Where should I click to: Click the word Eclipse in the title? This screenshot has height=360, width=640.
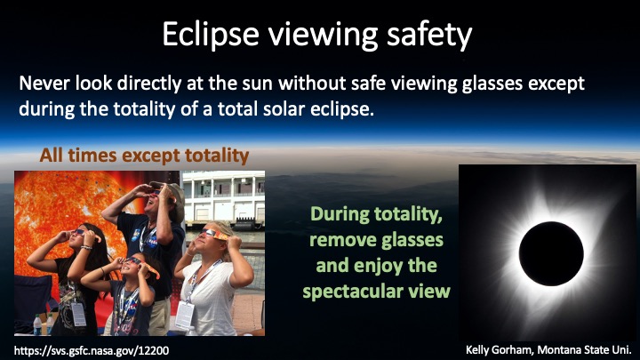click(210, 35)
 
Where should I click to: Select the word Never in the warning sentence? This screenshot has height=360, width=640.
click(44, 84)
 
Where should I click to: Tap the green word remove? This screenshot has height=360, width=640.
click(336, 240)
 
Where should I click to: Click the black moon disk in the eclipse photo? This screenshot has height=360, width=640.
click(551, 253)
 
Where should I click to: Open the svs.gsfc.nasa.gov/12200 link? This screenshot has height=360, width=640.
click(92, 350)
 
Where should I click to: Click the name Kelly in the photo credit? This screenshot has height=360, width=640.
click(477, 350)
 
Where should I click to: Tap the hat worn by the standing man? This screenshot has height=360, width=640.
click(171, 198)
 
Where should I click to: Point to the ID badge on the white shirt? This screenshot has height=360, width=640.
click(185, 316)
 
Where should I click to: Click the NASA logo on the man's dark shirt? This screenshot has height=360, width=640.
click(153, 242)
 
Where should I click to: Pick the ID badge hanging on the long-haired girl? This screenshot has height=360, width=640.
click(78, 314)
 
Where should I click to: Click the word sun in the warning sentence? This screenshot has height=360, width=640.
click(257, 84)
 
